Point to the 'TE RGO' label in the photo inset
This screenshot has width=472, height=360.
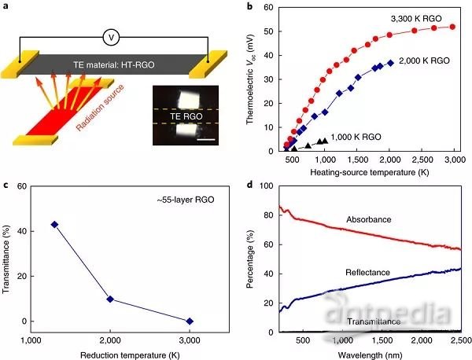pos(186,115)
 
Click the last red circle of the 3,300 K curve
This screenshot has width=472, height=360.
pos(452,27)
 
